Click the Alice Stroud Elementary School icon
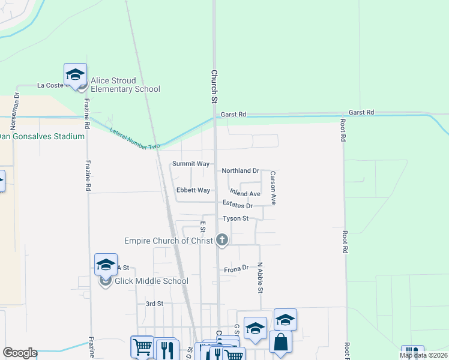point(75,74)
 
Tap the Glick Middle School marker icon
point(106,265)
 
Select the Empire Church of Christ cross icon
point(222,241)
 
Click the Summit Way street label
point(191,164)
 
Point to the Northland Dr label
point(240,171)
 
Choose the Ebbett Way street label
point(193,191)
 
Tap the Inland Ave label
point(245,194)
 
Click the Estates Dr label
point(237,206)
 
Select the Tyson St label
point(235,219)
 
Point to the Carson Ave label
point(273,188)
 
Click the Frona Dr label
point(236,269)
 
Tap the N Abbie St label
point(260,278)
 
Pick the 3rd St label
point(154,304)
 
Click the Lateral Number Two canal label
point(135,139)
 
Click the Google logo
point(20,353)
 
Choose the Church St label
point(214,86)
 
